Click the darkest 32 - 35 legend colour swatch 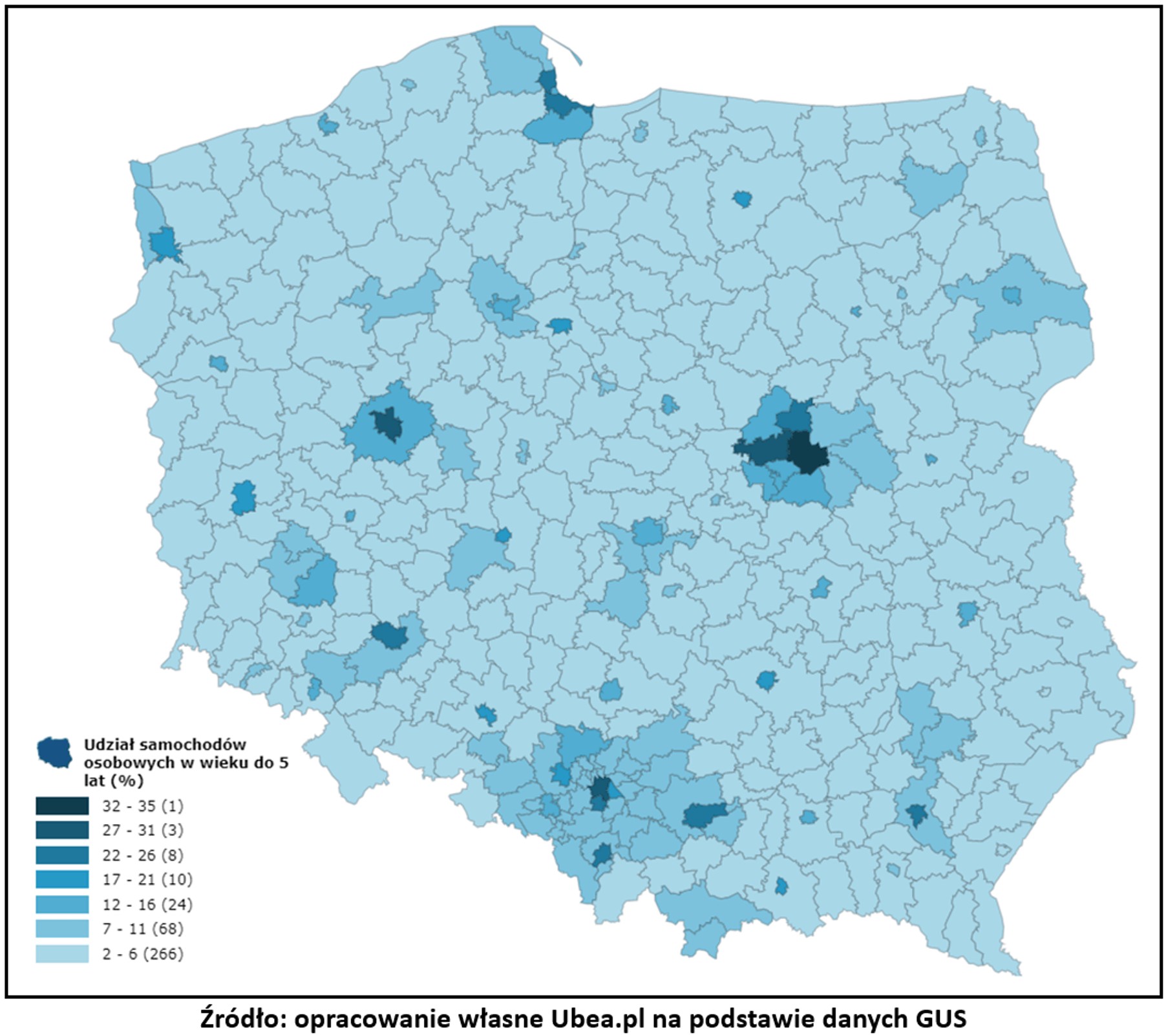tap(62, 805)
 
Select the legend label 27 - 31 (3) tap(142, 830)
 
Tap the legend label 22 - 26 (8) tap(142, 855)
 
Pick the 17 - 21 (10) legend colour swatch tap(62, 879)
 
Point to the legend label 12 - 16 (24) tap(147, 904)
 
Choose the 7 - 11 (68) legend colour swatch tap(62, 929)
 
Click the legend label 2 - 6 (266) tap(142, 953)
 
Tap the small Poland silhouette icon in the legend tap(54, 752)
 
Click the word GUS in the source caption tap(942, 1019)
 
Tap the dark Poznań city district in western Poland tap(388, 425)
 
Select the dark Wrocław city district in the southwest tap(390, 636)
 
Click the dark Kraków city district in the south tap(703, 815)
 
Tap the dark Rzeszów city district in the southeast tap(916, 814)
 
